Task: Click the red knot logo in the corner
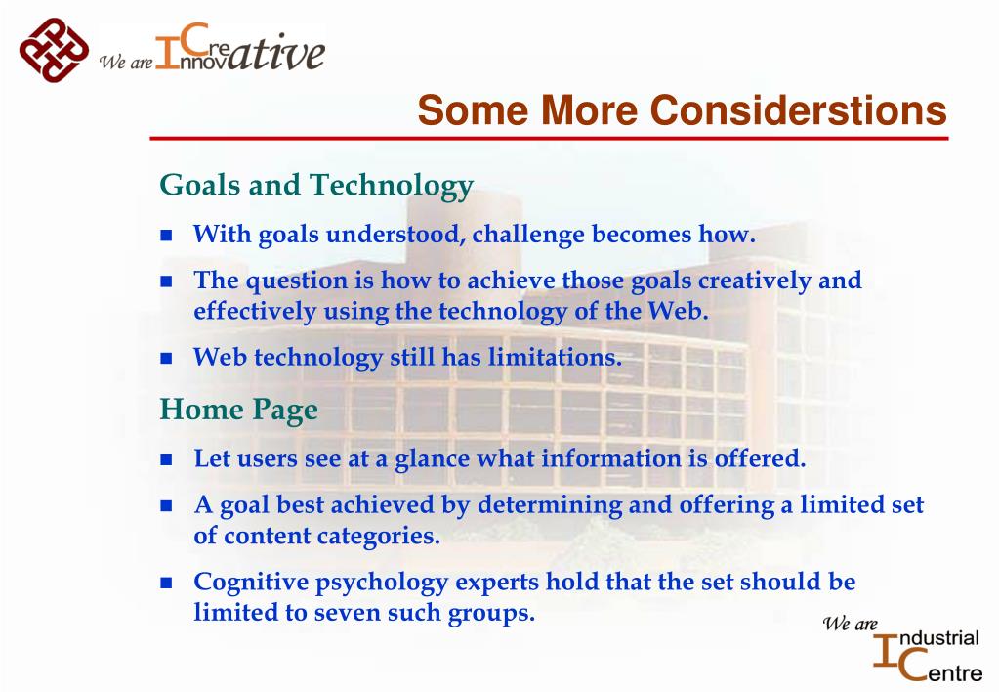54,50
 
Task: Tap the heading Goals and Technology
316,186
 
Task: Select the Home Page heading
238,411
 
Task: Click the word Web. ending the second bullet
679,311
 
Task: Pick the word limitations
555,357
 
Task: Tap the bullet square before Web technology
166,358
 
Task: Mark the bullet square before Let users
166,459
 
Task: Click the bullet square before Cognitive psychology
166,583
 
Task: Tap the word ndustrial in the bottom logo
937,638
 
